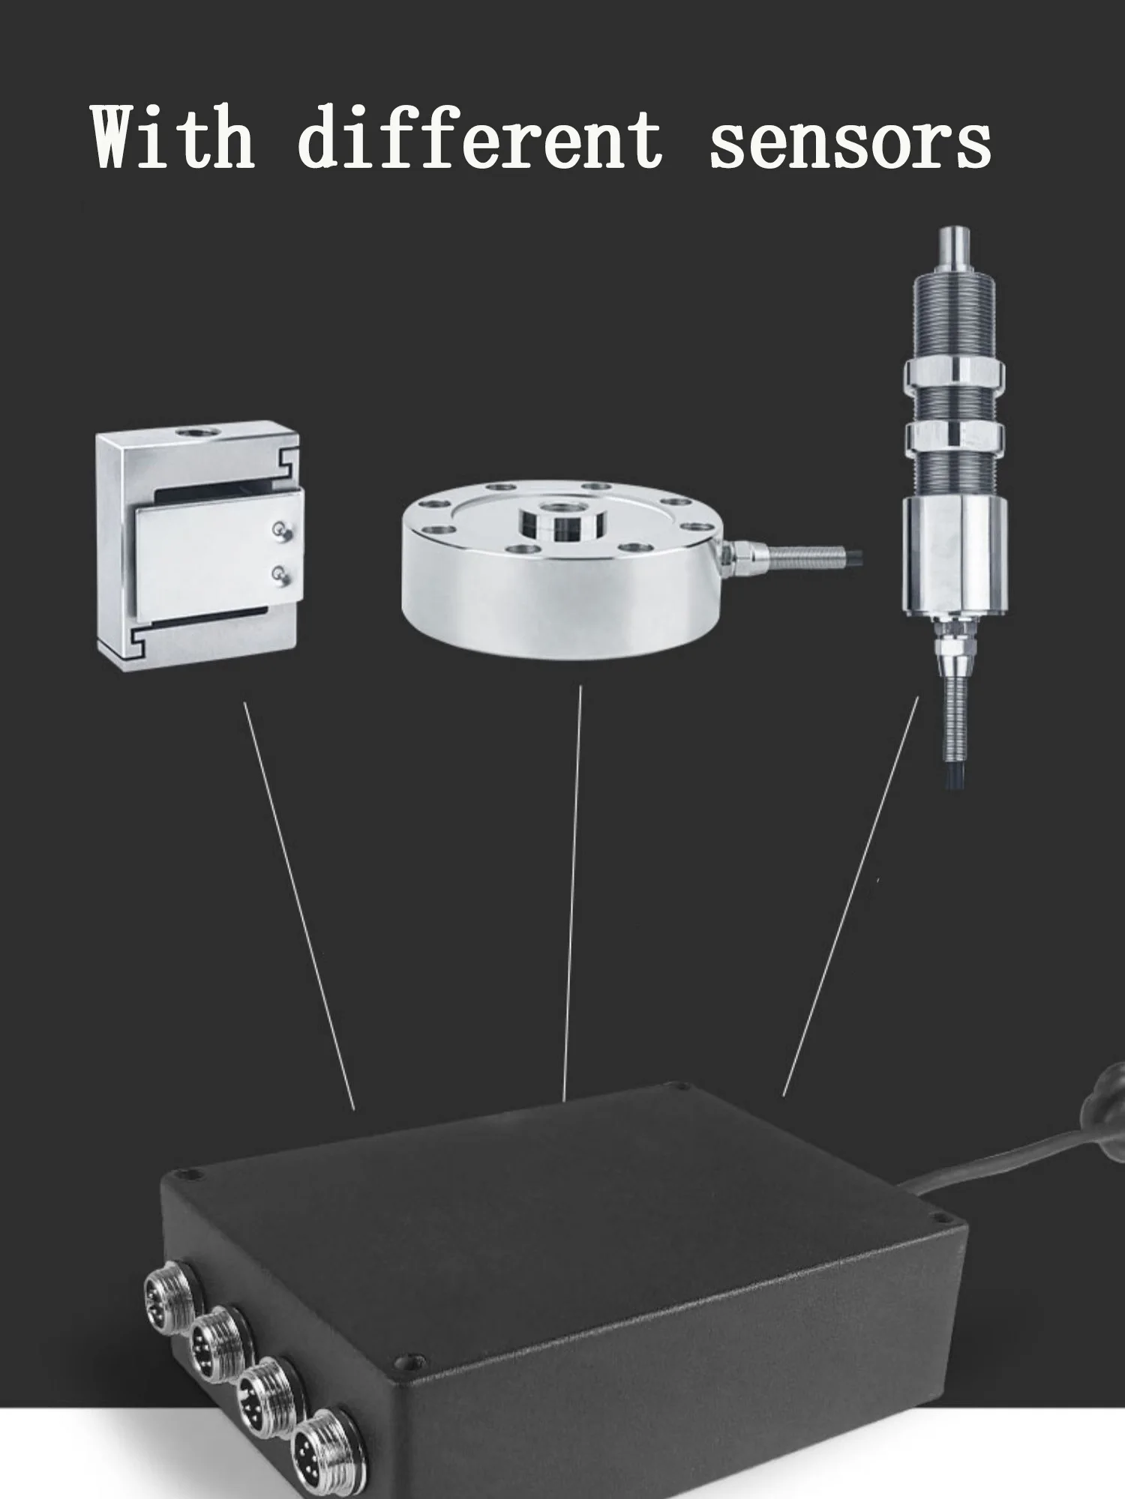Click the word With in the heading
(x=172, y=136)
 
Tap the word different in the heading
(x=480, y=136)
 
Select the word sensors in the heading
(x=850, y=142)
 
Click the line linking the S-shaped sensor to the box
(x=299, y=905)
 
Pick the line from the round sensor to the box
(x=572, y=892)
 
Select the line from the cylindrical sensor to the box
(x=850, y=896)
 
